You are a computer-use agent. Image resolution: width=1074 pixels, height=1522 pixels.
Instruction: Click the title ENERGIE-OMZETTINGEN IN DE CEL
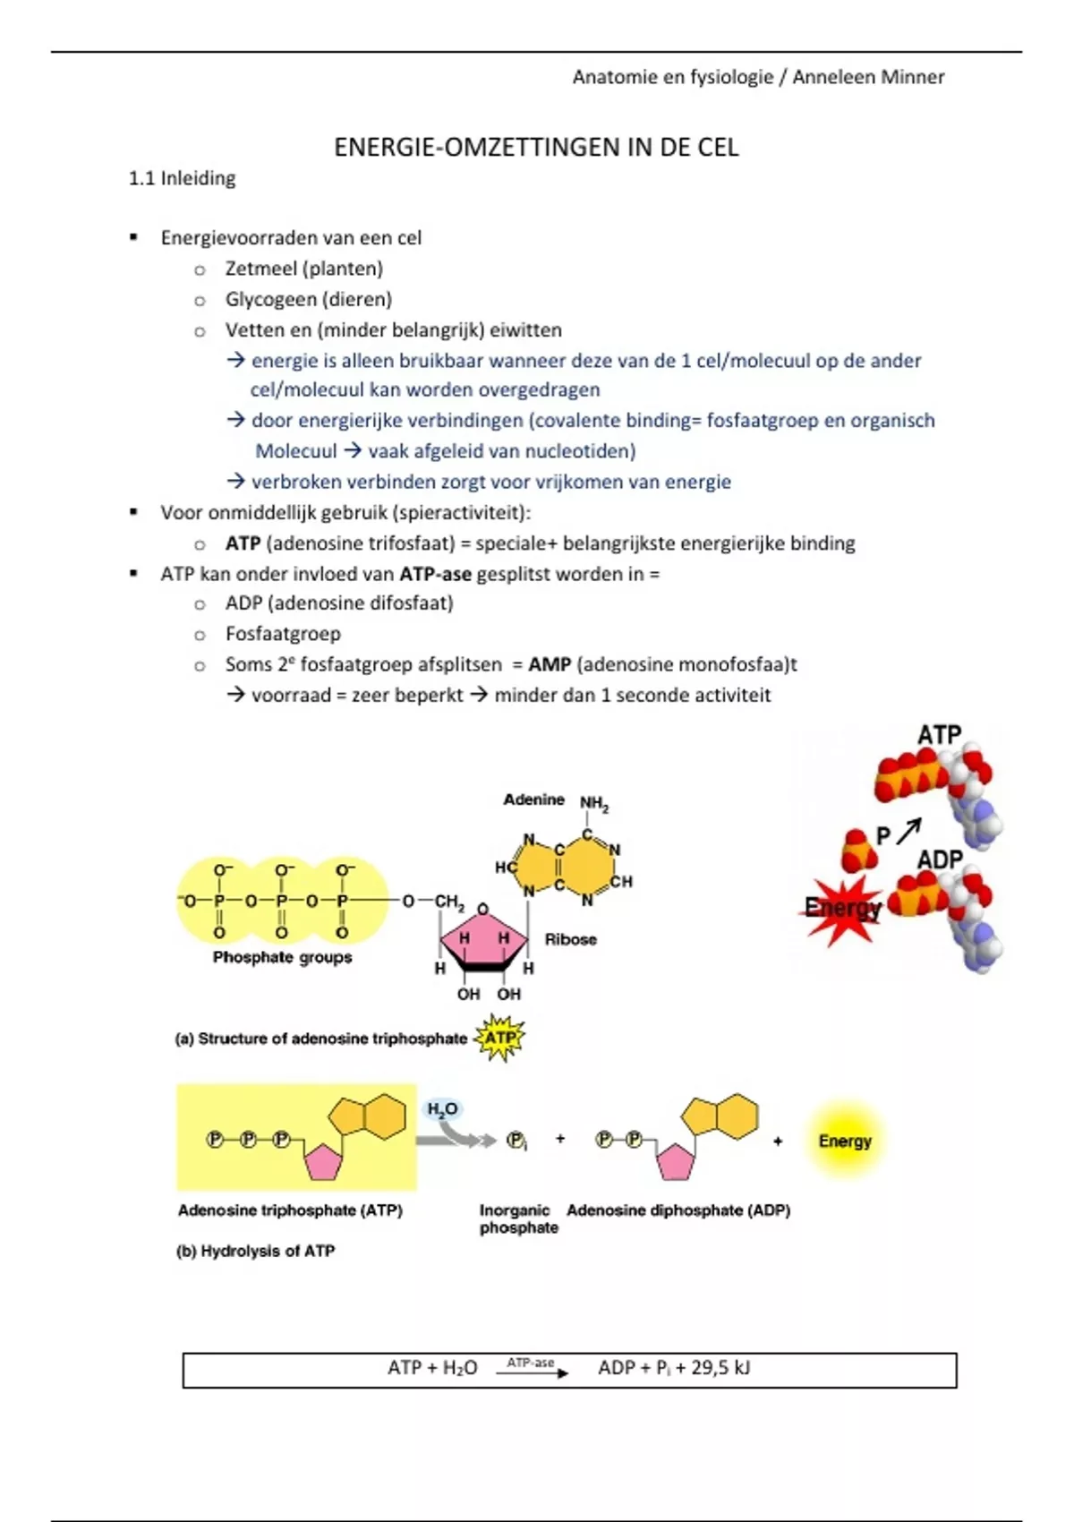point(536,148)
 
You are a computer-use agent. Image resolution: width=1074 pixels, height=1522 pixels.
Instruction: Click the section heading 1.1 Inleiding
point(182,178)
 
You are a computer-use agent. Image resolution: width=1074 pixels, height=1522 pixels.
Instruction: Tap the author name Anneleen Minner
point(868,77)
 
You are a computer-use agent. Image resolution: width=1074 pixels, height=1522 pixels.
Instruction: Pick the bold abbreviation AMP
point(550,664)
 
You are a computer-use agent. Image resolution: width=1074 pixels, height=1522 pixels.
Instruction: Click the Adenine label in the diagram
point(533,799)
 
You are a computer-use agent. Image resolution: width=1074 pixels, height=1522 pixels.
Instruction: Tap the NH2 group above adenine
point(594,804)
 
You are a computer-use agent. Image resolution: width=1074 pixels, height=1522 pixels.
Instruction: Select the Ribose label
point(570,939)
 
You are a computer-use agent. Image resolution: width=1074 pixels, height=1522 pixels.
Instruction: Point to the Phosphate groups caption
point(282,957)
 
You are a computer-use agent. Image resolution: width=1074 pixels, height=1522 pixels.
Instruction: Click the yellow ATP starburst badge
point(499,1038)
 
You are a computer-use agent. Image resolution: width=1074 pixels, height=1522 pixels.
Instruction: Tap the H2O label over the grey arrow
point(442,1109)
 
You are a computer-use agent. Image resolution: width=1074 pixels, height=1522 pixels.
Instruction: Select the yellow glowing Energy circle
point(844,1141)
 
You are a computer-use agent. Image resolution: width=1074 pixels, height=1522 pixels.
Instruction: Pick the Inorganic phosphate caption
point(518,1218)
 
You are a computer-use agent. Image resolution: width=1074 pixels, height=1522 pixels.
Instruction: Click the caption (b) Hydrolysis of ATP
point(255,1251)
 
